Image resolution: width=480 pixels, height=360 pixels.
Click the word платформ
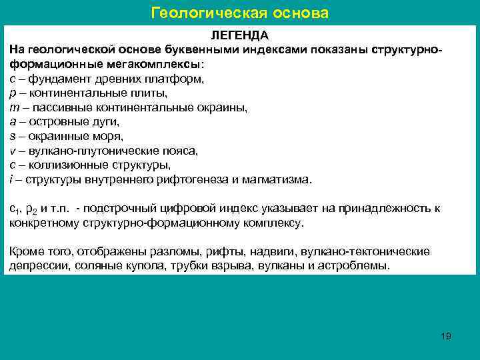click(179, 79)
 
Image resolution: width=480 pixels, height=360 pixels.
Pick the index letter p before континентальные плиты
click(13, 93)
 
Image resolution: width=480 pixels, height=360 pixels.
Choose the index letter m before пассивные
click(14, 107)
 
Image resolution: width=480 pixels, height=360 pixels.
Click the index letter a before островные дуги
click(13, 122)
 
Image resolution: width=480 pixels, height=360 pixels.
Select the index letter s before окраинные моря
click(13, 137)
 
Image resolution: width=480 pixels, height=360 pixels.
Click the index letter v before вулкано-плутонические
click(13, 151)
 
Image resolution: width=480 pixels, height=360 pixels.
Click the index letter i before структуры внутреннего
click(11, 179)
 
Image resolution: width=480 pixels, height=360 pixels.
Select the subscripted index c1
click(14, 209)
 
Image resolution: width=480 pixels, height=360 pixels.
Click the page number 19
click(446, 335)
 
